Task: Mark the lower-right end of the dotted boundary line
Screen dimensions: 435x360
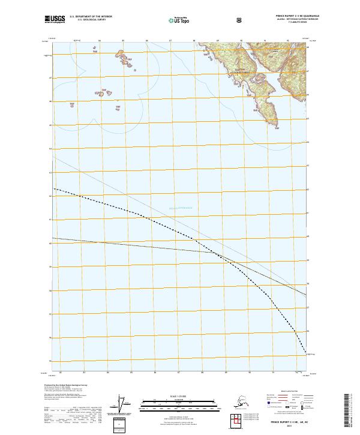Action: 307,353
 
